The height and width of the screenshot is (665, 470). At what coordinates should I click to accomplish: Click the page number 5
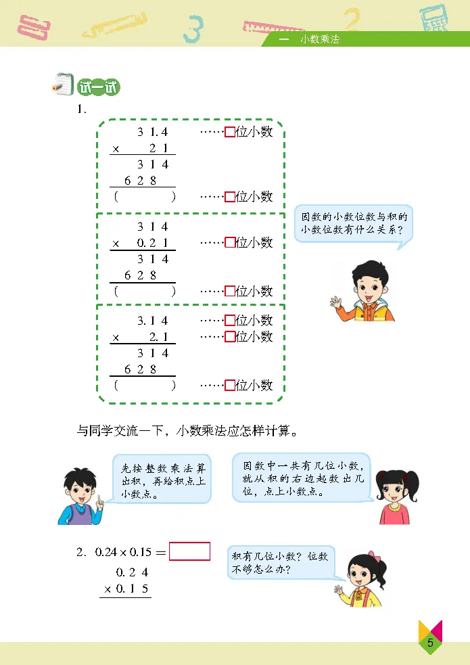coord(430,642)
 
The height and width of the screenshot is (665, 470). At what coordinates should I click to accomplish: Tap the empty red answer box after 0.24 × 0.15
coord(189,551)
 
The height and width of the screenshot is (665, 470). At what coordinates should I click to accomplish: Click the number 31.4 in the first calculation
coord(152,132)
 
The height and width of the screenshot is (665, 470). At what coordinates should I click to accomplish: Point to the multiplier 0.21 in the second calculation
coord(152,243)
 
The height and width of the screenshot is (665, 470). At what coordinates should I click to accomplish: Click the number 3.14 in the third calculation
coord(152,321)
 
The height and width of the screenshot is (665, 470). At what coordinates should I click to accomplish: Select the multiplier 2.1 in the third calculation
coord(158,337)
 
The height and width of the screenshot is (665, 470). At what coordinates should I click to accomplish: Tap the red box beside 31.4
coord(230,132)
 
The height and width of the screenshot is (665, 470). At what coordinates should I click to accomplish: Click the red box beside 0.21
coord(230,242)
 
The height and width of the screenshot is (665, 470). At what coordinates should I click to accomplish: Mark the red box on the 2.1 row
coord(230,336)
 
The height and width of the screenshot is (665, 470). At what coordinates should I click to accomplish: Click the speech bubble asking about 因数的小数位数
coord(354,225)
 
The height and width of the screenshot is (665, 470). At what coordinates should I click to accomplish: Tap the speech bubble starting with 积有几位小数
coord(280,561)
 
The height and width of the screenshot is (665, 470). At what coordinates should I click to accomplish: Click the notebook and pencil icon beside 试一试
coord(62,86)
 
